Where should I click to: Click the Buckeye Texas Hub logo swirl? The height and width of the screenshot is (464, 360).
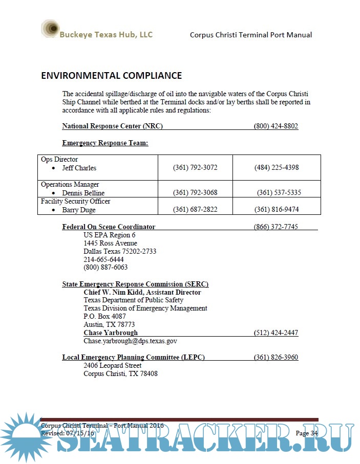50,29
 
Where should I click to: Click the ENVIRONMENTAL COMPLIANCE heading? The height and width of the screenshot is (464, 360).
111,76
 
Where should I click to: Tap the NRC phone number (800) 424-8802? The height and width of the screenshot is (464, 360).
276,126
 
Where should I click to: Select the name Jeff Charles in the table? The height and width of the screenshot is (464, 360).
79,168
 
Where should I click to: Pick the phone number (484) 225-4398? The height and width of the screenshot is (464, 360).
276,168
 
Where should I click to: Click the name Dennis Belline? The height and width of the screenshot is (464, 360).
83,193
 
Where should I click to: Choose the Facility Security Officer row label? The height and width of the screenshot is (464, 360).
75,202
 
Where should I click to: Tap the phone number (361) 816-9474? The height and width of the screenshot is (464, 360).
276,210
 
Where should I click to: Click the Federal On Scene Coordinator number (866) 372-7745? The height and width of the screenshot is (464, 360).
276,227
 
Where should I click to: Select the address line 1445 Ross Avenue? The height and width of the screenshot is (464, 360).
110,243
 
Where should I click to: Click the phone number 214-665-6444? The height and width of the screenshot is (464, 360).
103,259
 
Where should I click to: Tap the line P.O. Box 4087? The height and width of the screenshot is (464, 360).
104,316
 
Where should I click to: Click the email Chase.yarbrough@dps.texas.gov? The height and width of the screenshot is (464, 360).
130,341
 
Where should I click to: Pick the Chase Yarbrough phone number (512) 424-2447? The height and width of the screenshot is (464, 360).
276,333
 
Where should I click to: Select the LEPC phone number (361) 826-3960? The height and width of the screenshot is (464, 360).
276,357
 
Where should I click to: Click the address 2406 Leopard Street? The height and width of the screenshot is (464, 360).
112,365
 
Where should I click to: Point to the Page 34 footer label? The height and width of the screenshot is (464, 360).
307,433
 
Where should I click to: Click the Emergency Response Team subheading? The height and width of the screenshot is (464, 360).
105,143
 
